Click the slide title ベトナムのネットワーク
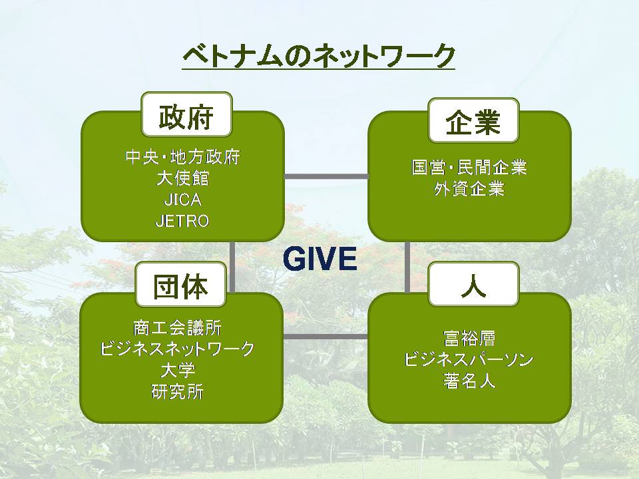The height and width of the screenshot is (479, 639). [x=318, y=55]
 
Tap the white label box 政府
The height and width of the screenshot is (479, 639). [x=186, y=114]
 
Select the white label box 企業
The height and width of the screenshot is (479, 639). [x=473, y=120]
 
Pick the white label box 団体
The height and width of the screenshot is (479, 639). [x=181, y=284]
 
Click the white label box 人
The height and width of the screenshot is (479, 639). [x=473, y=284]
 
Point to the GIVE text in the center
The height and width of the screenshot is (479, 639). [x=320, y=259]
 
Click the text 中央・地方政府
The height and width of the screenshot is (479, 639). [x=182, y=157]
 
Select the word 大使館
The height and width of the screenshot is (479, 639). [x=182, y=178]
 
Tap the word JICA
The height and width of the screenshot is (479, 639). [x=182, y=200]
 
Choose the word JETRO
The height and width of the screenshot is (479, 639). [x=182, y=221]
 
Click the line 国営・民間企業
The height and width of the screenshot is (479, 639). [x=469, y=168]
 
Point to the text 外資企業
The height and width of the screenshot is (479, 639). [x=469, y=189]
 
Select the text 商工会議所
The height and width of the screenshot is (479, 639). [x=177, y=328]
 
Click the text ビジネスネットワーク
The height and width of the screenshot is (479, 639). [x=177, y=349]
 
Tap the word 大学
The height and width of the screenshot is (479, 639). [x=177, y=371]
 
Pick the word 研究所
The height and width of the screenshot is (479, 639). [x=177, y=392]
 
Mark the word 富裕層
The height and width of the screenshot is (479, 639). [x=469, y=339]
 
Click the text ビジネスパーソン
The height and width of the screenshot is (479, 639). [x=469, y=360]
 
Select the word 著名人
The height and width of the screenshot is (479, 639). [x=469, y=381]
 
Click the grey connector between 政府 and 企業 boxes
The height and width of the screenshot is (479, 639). [x=326, y=176]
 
